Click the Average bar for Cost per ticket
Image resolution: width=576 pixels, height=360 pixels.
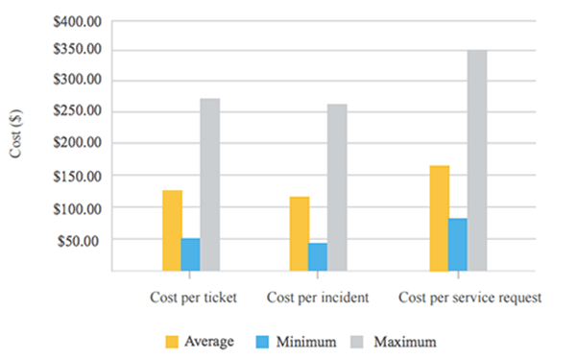[x=172, y=230]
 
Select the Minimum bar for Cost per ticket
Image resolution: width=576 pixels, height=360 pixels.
[x=191, y=254]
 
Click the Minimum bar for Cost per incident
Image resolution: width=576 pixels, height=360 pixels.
[x=318, y=257]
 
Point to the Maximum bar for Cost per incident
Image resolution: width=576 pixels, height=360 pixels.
[x=337, y=187]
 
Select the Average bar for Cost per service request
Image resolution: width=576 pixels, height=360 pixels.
[x=440, y=218]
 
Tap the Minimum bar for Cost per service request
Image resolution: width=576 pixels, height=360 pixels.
[x=459, y=245]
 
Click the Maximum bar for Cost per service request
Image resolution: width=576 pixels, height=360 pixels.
[x=477, y=160]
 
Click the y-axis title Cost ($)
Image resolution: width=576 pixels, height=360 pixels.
[x=16, y=144]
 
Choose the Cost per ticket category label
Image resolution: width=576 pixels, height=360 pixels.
[x=193, y=298]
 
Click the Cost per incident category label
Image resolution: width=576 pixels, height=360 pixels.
[x=318, y=298]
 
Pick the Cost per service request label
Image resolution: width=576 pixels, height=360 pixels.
[x=469, y=298]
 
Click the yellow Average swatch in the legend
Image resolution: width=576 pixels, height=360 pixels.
[x=173, y=341]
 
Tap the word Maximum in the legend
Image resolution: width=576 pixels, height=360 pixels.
[x=404, y=341]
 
